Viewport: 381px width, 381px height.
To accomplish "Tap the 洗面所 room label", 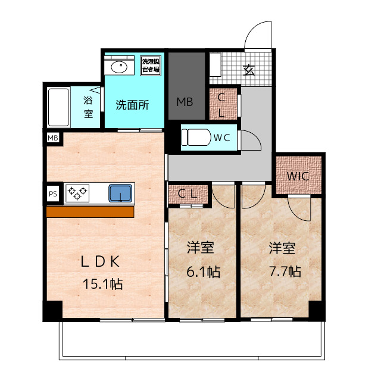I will [132, 105].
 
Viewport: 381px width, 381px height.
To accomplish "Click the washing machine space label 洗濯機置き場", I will [151, 65].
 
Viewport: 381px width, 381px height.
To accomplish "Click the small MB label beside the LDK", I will [53, 138].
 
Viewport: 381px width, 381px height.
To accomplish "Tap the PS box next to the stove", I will [53, 193].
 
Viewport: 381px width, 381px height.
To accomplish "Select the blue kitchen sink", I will [120, 193].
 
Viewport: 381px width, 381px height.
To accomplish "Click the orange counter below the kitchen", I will [90, 212].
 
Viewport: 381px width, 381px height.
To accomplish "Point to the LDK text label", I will [102, 261].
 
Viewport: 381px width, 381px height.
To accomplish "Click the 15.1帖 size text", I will [102, 284].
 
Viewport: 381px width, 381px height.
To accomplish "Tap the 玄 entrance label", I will [249, 70].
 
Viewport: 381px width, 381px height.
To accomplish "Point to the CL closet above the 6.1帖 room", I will [188, 193].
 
